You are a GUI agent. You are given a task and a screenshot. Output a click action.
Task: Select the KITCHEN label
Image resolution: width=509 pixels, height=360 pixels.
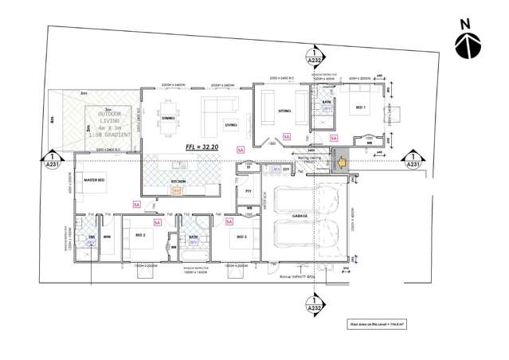point(178,182)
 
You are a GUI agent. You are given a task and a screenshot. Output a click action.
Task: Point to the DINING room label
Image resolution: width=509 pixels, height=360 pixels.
point(168,119)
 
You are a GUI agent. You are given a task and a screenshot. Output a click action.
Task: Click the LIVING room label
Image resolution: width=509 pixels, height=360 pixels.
point(231,125)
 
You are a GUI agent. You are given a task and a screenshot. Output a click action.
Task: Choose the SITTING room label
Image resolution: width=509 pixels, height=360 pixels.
point(284,112)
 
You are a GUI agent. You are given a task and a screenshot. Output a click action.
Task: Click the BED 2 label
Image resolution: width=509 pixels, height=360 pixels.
point(140,236)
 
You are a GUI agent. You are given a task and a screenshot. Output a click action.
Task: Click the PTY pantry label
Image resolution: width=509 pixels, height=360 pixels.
point(248,192)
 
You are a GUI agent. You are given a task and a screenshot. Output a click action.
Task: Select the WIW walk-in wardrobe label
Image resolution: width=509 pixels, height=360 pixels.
point(106,237)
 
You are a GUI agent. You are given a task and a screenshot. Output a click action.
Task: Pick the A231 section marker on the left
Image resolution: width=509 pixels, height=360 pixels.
point(53,160)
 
